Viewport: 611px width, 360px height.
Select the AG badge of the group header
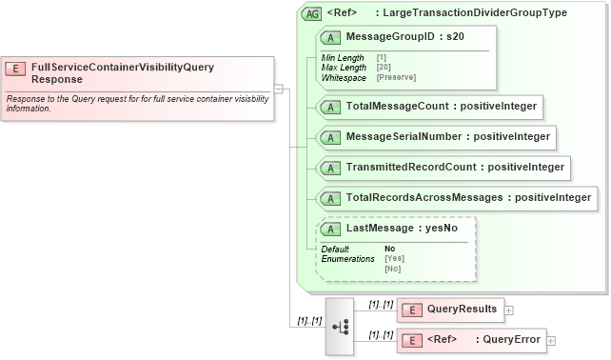point(311,14)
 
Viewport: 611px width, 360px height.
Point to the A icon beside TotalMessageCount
point(331,107)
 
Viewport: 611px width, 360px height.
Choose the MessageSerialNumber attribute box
point(436,137)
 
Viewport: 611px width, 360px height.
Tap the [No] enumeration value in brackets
point(391,269)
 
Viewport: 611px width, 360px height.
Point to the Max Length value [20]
point(384,67)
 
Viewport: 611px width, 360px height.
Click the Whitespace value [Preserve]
point(396,76)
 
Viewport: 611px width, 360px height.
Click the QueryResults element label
point(462,309)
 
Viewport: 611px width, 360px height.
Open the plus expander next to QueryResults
point(509,310)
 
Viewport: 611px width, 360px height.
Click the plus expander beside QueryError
point(551,340)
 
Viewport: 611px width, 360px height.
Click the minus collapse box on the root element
point(279,89)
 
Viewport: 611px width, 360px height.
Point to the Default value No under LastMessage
point(389,249)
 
